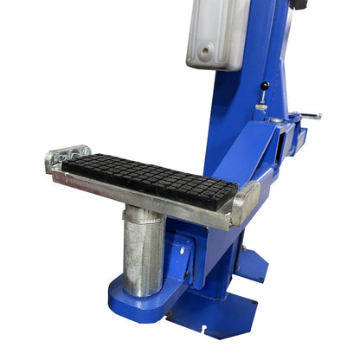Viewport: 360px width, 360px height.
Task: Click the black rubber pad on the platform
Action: click(x=147, y=178)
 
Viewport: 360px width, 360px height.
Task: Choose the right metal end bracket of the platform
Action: click(x=245, y=203)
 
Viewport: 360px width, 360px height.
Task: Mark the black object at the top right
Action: click(x=299, y=4)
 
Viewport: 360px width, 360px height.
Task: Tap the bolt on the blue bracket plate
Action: click(x=182, y=251)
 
